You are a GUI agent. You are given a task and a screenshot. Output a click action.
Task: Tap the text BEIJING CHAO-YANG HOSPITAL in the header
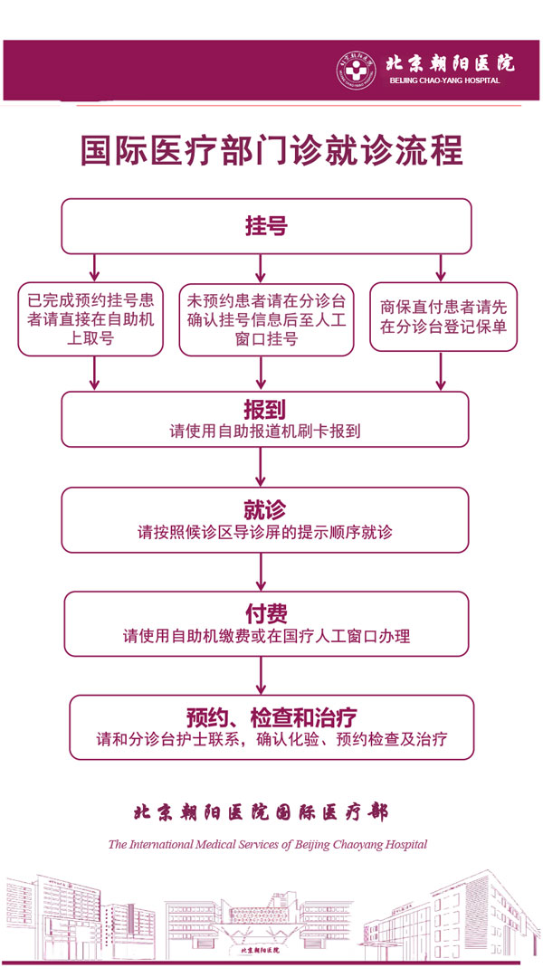443,81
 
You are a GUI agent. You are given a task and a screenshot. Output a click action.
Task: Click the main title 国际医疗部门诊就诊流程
271,150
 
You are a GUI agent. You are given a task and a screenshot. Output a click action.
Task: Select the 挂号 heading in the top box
266,225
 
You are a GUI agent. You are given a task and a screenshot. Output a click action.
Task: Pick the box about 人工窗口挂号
266,319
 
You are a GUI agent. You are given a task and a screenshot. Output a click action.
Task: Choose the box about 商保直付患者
443,319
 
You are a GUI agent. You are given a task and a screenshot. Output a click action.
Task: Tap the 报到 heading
265,409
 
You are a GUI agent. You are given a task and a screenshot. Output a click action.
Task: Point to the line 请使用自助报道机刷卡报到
265,431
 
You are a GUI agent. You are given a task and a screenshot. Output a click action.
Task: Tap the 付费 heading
265,612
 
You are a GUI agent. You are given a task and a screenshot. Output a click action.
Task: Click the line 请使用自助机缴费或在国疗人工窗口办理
266,636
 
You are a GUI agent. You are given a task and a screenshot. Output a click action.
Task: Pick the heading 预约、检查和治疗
271,717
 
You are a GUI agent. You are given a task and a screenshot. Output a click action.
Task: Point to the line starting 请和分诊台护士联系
271,740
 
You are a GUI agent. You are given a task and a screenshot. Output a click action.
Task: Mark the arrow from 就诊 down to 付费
261,571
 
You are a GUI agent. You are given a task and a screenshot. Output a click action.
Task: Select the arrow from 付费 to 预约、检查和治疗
261,675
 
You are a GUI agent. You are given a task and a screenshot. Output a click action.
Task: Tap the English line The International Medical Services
267,844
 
